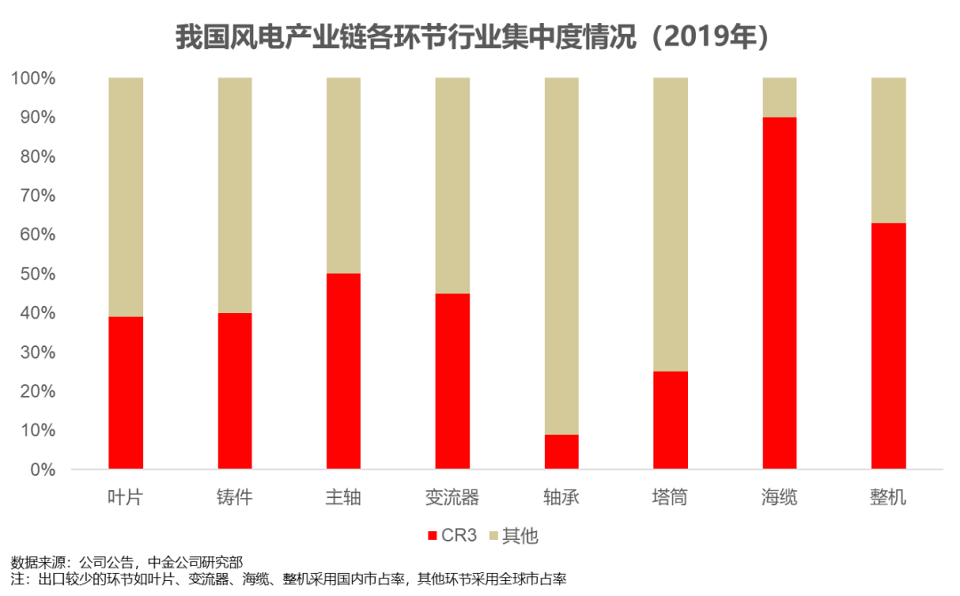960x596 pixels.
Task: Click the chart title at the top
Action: [471, 37]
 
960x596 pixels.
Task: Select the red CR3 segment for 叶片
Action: [126, 392]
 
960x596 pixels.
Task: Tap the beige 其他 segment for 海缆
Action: [780, 97]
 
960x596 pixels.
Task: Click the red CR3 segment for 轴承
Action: [561, 451]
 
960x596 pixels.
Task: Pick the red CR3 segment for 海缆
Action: [780, 293]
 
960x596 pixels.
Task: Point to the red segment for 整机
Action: [888, 345]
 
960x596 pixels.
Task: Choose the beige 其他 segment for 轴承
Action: [561, 255]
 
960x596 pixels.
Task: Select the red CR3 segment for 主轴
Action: [343, 371]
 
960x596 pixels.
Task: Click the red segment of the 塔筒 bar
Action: [670, 420]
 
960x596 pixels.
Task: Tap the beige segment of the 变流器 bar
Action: [452, 185]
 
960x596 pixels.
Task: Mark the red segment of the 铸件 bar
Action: [235, 391]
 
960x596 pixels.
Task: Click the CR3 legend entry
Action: [452, 536]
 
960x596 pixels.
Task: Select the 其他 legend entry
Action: [515, 536]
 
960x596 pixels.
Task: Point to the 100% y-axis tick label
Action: [34, 78]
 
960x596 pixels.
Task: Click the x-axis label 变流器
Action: [452, 497]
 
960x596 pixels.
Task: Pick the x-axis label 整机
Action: [888, 497]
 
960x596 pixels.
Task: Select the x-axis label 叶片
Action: [126, 497]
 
